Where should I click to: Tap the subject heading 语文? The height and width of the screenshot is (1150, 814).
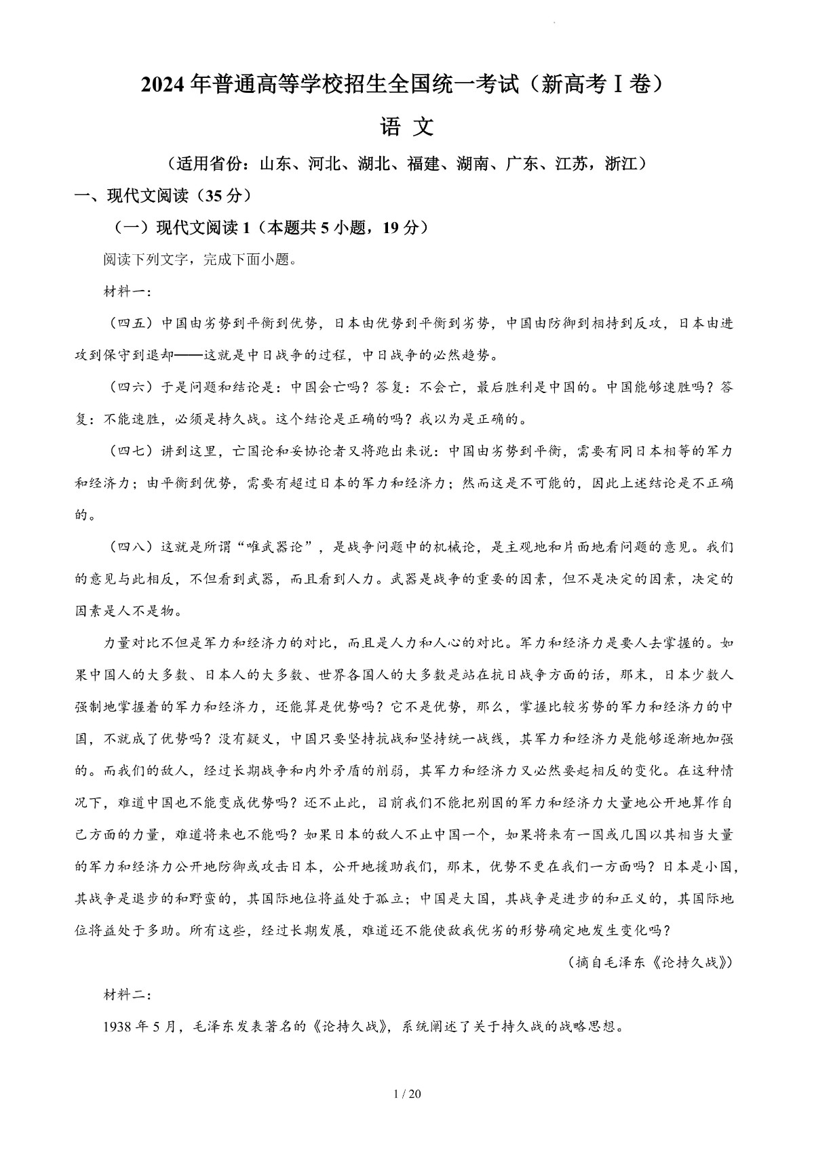[x=407, y=127]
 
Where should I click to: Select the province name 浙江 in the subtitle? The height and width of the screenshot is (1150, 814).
[x=623, y=164]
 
